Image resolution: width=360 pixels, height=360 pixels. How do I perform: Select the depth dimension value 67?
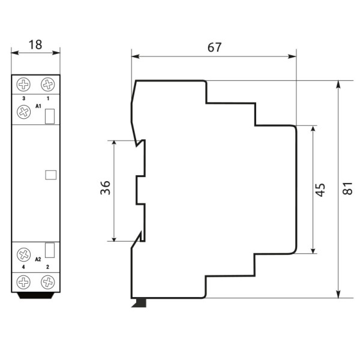(214, 47)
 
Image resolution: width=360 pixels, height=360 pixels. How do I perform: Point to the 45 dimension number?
(320, 190)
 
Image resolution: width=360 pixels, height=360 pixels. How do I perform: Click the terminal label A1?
(38, 106)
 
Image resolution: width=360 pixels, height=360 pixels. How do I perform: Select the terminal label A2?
(38, 259)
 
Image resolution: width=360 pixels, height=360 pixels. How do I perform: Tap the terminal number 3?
(23, 97)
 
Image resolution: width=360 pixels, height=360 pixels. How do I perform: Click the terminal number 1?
(47, 97)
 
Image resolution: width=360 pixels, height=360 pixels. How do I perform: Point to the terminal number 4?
(23, 266)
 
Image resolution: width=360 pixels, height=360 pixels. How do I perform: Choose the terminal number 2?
(47, 266)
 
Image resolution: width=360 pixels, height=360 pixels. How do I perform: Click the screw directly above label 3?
(24, 84)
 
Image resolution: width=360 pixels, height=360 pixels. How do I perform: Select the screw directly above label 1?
(47, 84)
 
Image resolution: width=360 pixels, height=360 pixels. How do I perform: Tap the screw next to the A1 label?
(24, 112)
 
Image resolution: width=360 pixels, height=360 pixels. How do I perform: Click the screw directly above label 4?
(24, 253)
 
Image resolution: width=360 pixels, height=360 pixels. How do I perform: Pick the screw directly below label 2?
(47, 281)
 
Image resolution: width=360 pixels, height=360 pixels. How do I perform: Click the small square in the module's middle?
(50, 175)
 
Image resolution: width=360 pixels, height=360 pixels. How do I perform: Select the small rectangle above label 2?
(50, 250)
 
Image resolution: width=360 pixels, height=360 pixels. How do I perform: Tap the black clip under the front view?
(35, 295)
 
